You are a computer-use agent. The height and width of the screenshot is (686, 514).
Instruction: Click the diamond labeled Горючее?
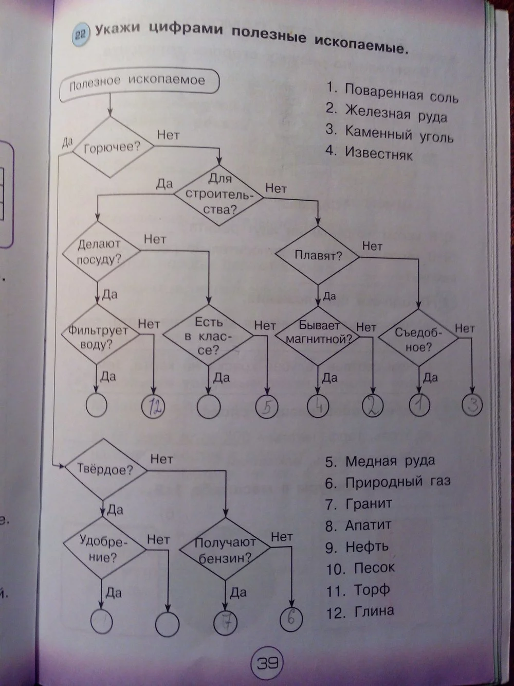point(112,147)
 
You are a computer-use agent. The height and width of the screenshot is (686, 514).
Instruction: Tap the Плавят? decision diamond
point(318,255)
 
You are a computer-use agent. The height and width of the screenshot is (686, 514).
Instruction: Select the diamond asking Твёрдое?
point(104,469)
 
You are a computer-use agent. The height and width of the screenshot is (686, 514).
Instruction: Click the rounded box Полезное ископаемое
point(137,83)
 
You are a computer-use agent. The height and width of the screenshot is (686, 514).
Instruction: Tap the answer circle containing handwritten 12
point(154,407)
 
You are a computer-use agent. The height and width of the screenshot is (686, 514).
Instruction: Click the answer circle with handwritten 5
point(266,407)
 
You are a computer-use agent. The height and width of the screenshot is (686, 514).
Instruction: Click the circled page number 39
point(267,662)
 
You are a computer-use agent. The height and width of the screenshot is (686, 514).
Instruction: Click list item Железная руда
point(395,113)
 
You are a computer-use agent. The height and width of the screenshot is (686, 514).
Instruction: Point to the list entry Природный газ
point(397,482)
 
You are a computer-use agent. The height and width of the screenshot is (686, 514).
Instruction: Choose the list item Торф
point(372,590)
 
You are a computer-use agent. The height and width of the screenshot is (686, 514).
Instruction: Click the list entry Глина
point(374,611)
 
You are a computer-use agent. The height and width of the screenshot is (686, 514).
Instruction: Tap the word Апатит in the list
point(368,525)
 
